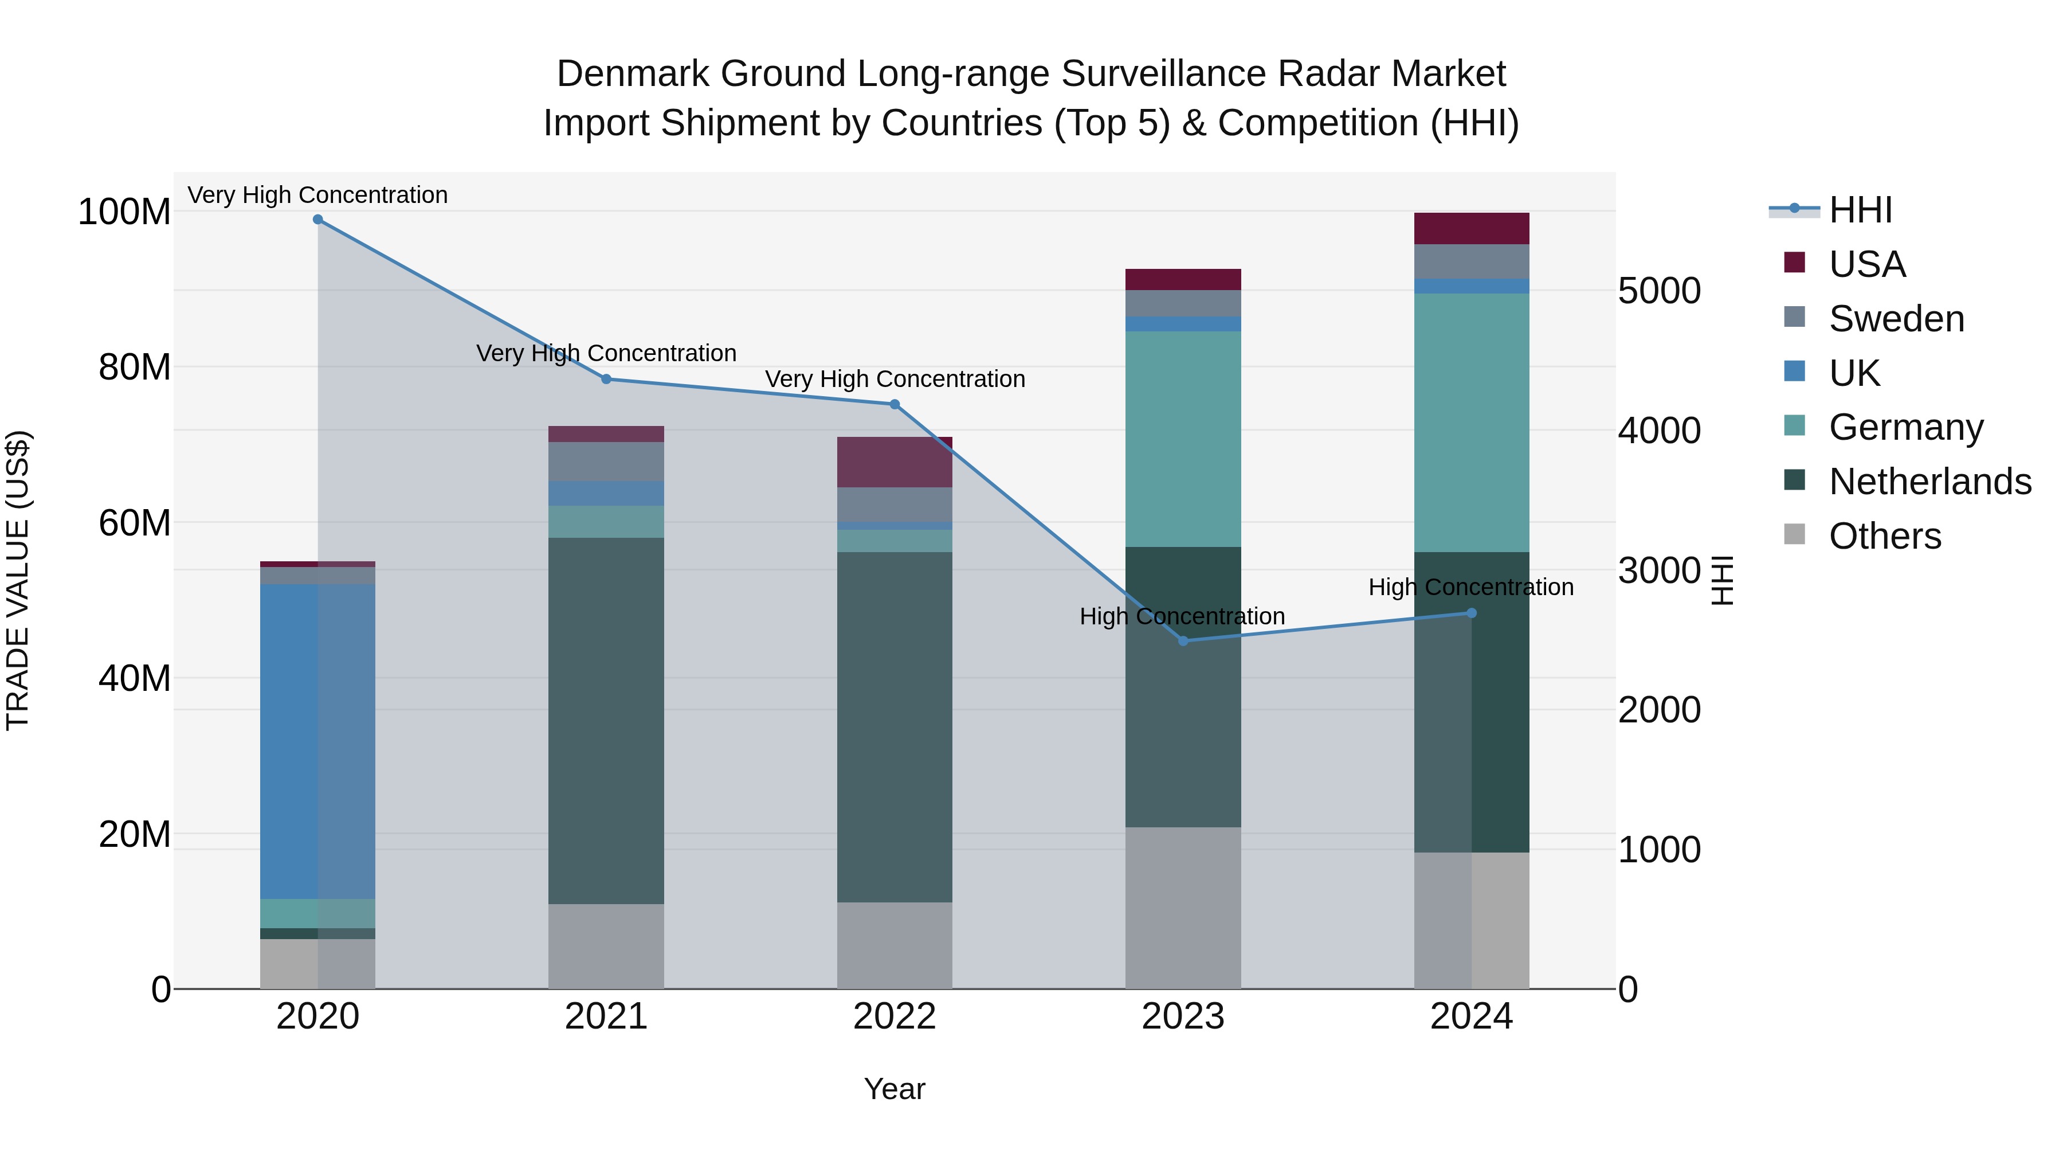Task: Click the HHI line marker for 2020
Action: (318, 220)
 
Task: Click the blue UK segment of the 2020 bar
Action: (318, 741)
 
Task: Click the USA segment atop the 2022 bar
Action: (895, 462)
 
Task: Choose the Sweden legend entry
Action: (1896, 319)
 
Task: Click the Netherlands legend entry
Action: (1930, 482)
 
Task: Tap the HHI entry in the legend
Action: (1860, 210)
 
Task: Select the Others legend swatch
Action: (1795, 534)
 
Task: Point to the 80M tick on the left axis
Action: (135, 368)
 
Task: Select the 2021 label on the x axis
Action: (606, 1017)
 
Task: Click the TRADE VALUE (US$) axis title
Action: (18, 580)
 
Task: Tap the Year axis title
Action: (895, 1089)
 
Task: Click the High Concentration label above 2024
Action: (1470, 587)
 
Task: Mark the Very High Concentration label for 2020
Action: (318, 195)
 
